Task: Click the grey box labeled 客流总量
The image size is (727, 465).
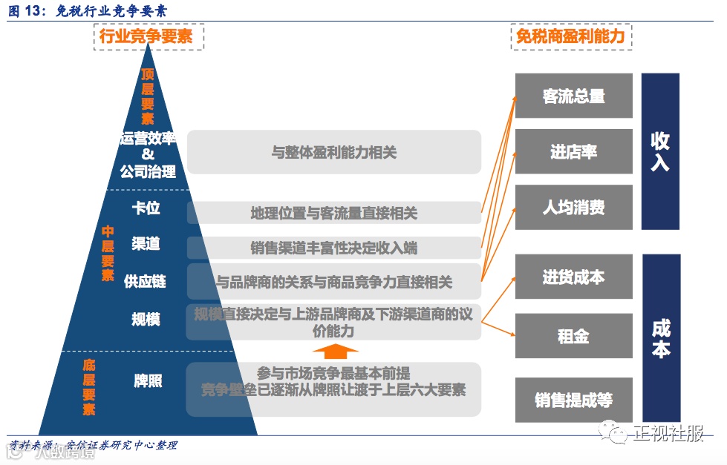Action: (573, 96)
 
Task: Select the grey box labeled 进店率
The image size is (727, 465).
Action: (573, 152)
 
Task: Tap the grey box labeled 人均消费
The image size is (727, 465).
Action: (573, 207)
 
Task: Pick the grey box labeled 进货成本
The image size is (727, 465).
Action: (573, 277)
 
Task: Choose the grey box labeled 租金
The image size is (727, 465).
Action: (573, 335)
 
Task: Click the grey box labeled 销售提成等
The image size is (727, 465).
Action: (573, 400)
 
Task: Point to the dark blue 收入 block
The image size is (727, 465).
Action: (660, 151)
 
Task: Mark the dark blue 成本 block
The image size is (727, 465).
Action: (661, 337)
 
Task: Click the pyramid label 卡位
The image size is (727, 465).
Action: (146, 208)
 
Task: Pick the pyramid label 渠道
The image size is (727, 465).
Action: (146, 244)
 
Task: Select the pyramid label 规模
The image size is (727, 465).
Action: (146, 319)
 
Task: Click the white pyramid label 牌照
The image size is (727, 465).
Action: (148, 381)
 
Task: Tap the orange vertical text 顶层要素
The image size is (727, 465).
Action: (147, 96)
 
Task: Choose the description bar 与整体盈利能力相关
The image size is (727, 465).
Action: (334, 153)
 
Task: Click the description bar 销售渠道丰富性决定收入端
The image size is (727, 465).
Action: (334, 248)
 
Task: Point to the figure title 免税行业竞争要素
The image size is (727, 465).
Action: (112, 10)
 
